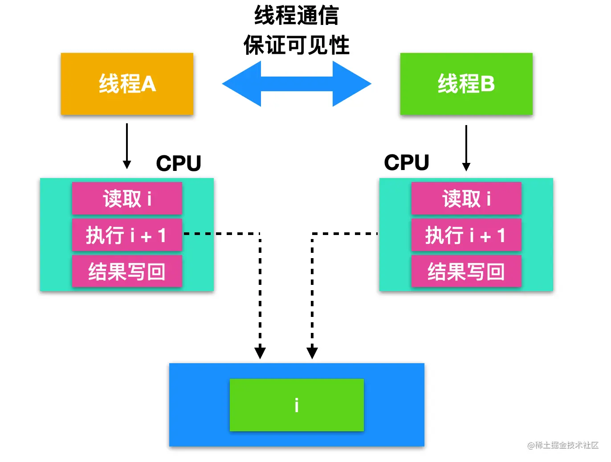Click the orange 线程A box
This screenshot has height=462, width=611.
tap(127, 84)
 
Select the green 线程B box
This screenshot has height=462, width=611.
tap(466, 84)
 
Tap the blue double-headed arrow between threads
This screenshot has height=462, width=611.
tap(297, 84)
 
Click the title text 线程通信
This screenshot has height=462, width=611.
tap(297, 16)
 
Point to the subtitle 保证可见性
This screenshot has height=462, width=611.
tap(297, 45)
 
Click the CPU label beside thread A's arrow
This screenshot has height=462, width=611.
tap(179, 163)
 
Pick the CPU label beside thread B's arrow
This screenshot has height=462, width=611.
tap(407, 162)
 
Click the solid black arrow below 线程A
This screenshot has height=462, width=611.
tap(127, 146)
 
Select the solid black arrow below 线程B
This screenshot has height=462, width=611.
tap(466, 148)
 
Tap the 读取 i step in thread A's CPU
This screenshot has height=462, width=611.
tap(127, 199)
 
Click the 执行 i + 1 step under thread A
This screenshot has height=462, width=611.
tap(127, 235)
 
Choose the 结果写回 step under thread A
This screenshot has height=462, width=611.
tap(127, 271)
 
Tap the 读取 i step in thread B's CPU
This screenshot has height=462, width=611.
tap(466, 199)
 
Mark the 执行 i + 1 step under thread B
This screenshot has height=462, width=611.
tap(466, 235)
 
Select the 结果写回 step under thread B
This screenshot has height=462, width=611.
tap(466, 271)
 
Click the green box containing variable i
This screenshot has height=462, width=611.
tap(297, 405)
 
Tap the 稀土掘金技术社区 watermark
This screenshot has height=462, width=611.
tap(563, 446)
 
